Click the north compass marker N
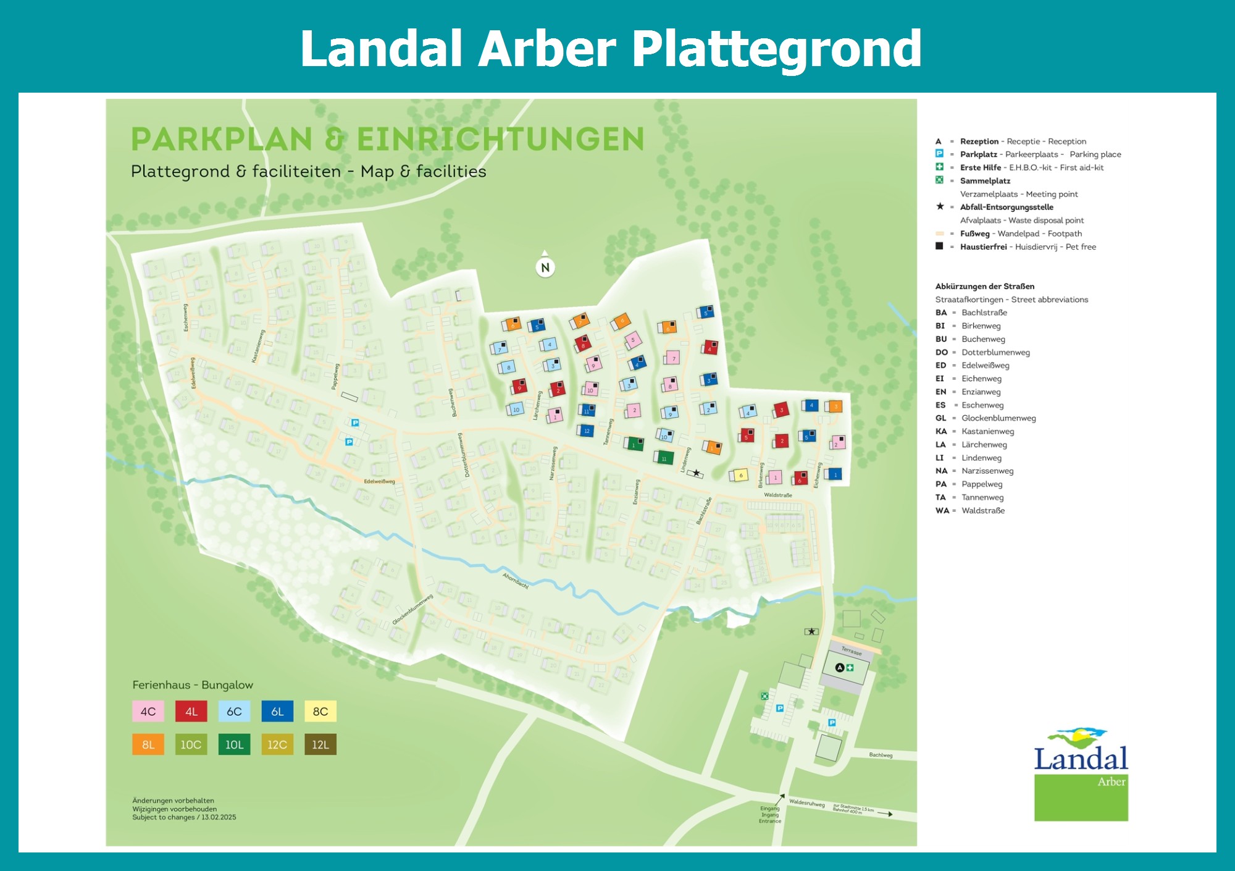pos(545,267)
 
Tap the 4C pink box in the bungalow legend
pos(148,711)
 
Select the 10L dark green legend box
pos(234,744)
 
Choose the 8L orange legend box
pos(148,744)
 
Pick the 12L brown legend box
pos(320,744)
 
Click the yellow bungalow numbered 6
pos(740,475)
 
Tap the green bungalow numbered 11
pos(664,458)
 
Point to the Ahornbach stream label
pos(516,581)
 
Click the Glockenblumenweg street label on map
pos(412,610)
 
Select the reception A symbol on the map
pos(839,667)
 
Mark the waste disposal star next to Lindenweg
pos(696,473)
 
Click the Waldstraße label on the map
pos(777,495)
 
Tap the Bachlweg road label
pos(881,755)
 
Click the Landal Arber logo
pos(1081,775)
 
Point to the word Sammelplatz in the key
pos(985,181)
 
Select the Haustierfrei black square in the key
pos(939,246)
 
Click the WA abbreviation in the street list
pos(942,510)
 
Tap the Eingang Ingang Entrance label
pos(770,814)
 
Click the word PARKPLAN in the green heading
pos(222,139)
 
